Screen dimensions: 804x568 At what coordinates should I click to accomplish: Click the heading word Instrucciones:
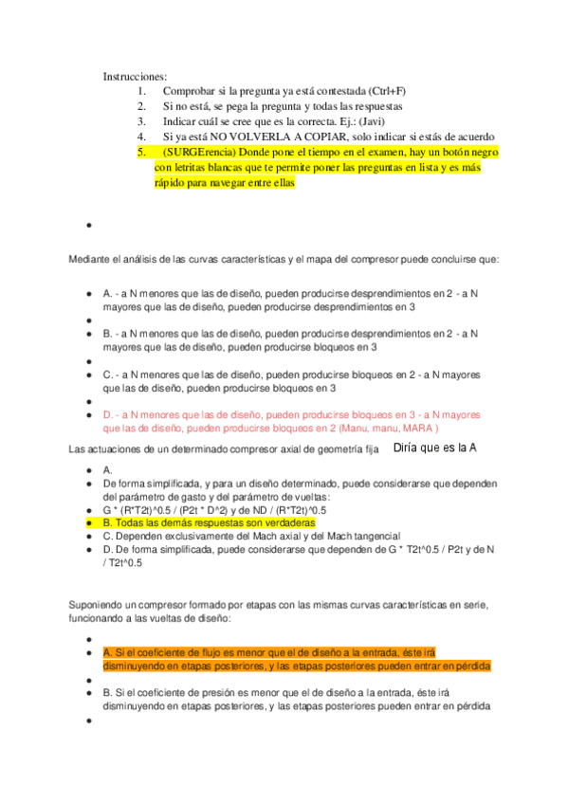point(135,76)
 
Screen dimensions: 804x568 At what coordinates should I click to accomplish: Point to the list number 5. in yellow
point(141,152)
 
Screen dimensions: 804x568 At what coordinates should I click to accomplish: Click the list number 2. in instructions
point(141,106)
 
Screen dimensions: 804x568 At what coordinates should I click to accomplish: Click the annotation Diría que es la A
point(434,448)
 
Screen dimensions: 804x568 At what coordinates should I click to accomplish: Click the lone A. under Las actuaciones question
point(108,469)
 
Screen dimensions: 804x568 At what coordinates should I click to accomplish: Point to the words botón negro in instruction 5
point(467,152)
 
